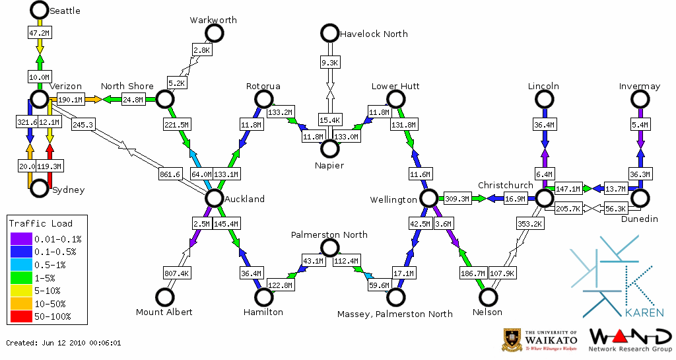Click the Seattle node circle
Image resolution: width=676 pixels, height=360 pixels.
pos(40,10)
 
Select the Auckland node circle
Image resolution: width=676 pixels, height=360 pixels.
pos(213,198)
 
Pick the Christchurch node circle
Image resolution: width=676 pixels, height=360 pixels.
pos(543,198)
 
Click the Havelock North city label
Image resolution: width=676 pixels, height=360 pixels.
pos(374,34)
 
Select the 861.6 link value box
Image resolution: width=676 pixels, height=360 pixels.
pos(170,174)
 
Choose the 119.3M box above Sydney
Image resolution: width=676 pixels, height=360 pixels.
pos(50,166)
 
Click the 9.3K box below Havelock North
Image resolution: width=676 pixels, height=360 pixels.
pos(329,62)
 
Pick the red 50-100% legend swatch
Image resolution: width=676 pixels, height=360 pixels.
pos(20,316)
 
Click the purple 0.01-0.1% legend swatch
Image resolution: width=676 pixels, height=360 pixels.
pos(20,239)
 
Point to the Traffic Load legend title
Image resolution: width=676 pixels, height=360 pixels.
pos(41,223)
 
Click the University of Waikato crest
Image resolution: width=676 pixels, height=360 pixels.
pos(513,340)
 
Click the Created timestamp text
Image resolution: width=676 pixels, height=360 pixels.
pos(63,343)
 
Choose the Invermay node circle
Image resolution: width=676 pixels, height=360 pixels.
pos(640,99)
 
